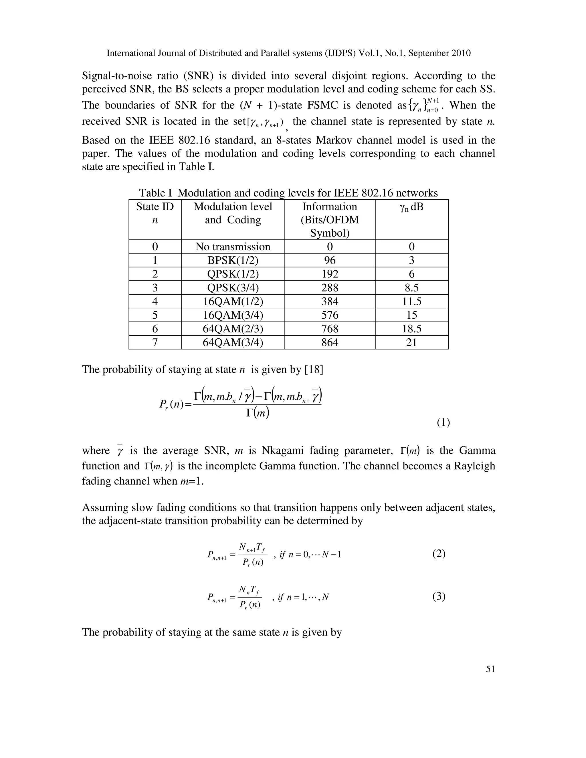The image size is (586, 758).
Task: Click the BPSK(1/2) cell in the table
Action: (x=233, y=260)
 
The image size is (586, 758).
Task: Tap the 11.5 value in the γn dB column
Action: (x=411, y=301)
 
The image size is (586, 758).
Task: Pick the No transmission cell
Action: (x=233, y=247)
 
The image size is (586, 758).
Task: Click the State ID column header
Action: (x=155, y=213)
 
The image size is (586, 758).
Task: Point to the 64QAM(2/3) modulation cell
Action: (x=233, y=329)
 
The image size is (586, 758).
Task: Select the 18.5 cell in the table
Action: (x=411, y=329)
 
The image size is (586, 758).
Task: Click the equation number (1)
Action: (x=443, y=422)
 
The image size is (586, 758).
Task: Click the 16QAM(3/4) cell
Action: (x=233, y=315)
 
